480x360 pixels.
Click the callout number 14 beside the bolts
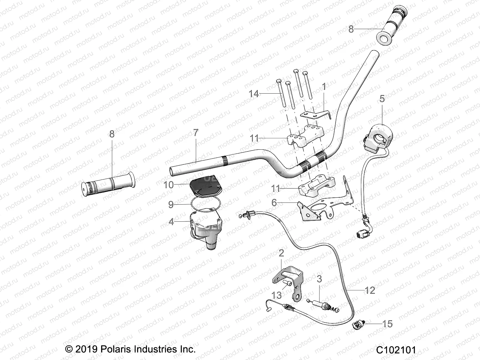(253, 94)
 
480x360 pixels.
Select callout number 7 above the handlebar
(196, 133)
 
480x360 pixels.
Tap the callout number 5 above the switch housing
(382, 99)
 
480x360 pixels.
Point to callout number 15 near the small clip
(388, 324)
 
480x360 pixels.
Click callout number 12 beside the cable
(370, 290)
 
